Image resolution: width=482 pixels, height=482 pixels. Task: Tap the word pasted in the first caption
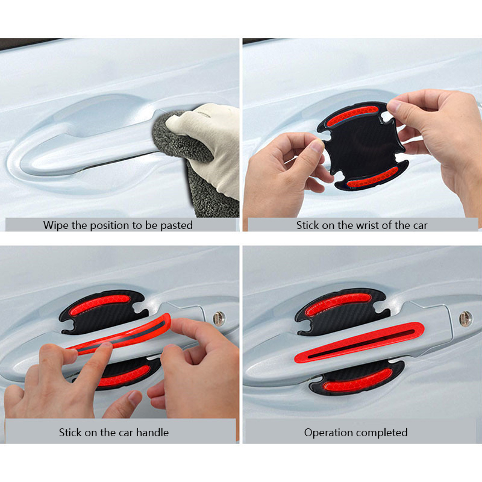(x=177, y=225)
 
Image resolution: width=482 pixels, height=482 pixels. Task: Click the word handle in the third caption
(x=152, y=433)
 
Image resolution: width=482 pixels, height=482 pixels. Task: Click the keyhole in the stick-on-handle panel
(x=219, y=319)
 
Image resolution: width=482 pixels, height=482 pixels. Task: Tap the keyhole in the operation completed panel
(x=466, y=319)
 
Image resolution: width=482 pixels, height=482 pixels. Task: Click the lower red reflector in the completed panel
(x=357, y=381)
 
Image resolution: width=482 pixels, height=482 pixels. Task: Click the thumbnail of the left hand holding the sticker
(x=317, y=146)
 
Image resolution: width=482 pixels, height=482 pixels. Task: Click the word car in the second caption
(x=420, y=225)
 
